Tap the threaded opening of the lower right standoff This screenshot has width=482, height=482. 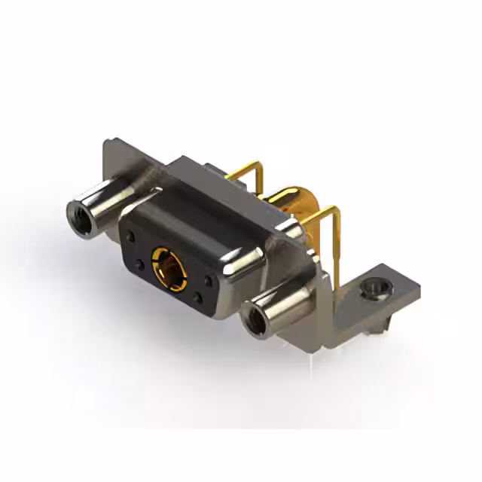pos(257,322)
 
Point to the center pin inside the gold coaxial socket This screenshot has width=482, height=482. pos(169,267)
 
